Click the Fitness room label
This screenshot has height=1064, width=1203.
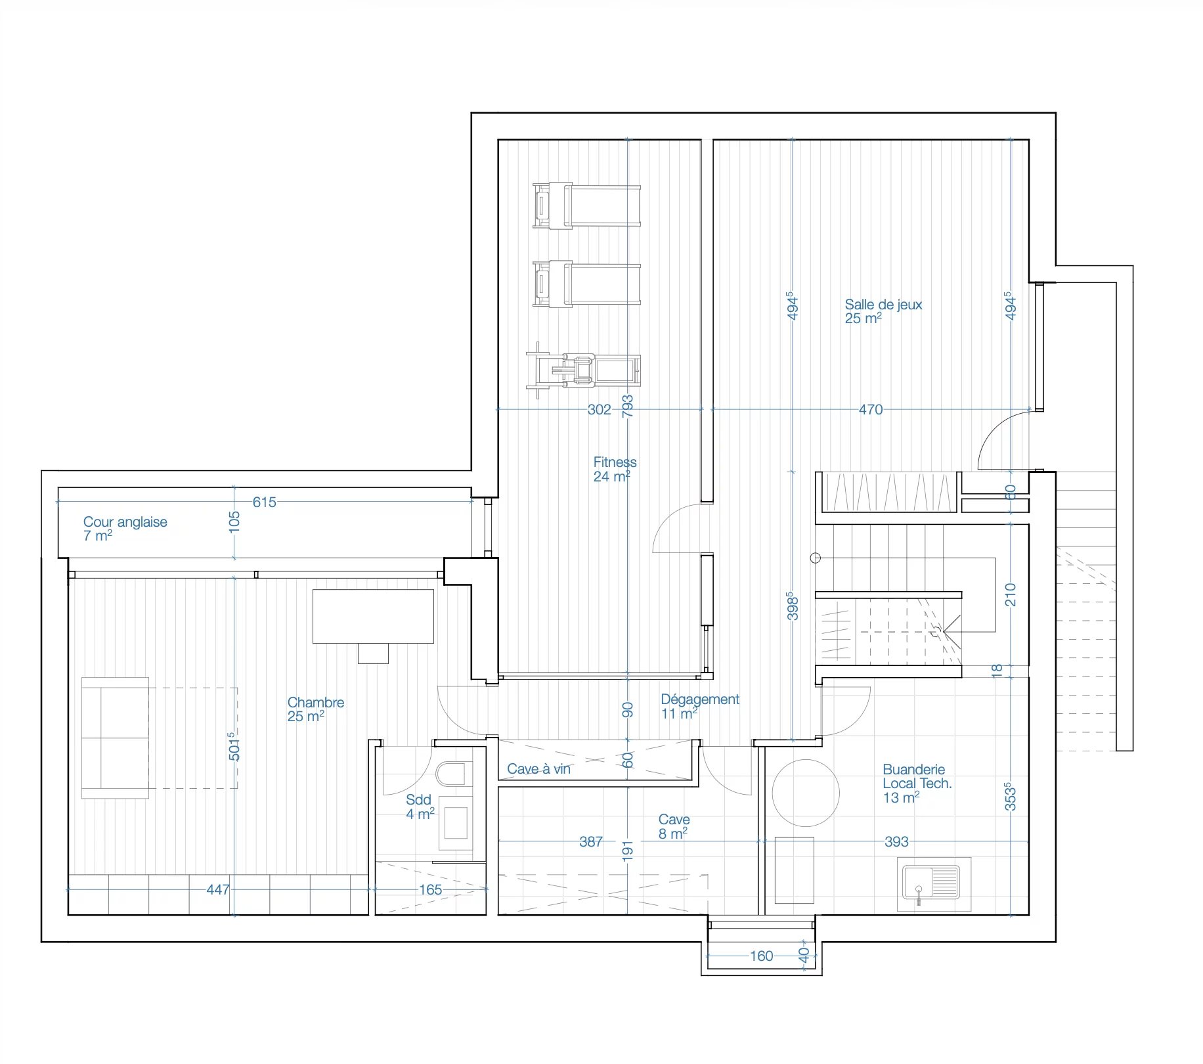coord(615,469)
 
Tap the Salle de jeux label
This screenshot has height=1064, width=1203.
coord(883,311)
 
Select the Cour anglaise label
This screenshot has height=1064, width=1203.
coord(125,529)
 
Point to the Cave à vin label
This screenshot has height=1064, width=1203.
coord(538,768)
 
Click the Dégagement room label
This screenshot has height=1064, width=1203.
coord(700,706)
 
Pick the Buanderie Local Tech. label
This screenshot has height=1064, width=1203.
coord(917,784)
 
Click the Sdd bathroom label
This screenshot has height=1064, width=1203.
coord(420,807)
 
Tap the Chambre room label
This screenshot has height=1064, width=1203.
coord(315,709)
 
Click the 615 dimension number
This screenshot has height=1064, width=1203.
coord(264,502)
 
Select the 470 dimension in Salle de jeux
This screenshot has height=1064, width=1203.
coord(871,409)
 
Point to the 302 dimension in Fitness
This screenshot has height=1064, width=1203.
coord(599,409)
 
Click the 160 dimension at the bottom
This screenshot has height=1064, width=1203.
coord(761,956)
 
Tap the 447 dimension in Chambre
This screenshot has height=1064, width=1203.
coord(218,889)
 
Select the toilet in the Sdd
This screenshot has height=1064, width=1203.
coord(454,774)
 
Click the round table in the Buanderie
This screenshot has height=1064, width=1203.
coord(806,793)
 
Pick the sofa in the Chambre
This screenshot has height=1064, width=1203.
coord(116,738)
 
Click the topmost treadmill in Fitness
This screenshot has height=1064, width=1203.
coord(586,206)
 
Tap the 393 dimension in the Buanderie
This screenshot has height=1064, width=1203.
coord(896,841)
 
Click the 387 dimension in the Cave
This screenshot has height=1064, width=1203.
coord(591,841)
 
